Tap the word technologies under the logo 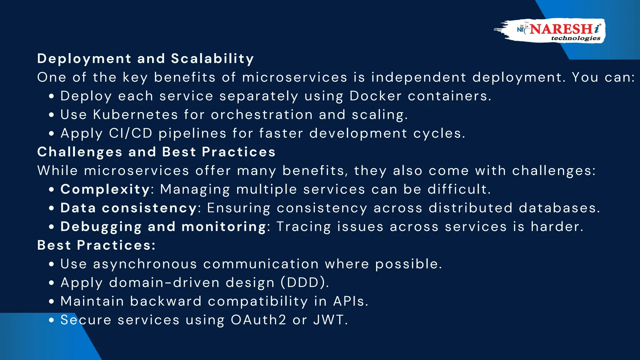click(576, 38)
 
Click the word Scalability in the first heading click(212, 59)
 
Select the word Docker click(375, 96)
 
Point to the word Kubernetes click(135, 115)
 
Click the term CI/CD click(131, 133)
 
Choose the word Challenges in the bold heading click(80, 152)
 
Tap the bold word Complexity click(105, 189)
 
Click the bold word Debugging click(101, 227)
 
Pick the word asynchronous click(145, 264)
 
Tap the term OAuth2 click(258, 320)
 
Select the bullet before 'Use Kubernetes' click(52, 115)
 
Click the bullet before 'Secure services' click(52, 320)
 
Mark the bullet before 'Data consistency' click(52, 208)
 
